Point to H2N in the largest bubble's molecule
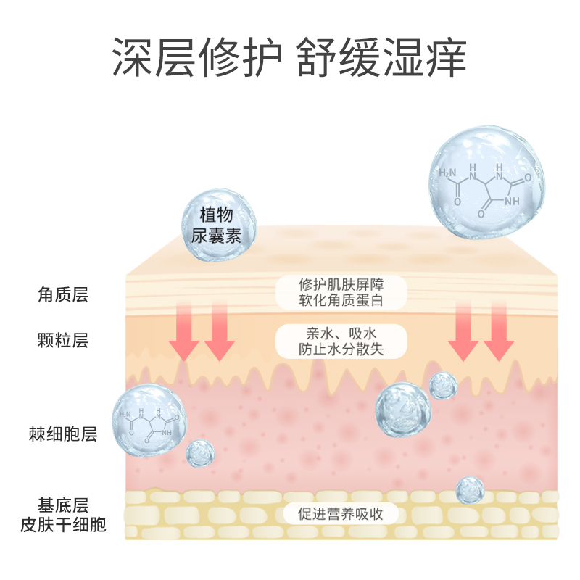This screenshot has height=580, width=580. tap(448, 174)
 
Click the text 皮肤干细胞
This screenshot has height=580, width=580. tap(64, 524)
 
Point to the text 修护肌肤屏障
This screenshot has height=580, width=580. tap(341, 283)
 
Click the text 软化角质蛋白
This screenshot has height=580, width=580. tap(341, 301)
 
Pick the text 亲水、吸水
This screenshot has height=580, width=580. tap(341, 333)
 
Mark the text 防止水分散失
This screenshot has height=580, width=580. tap(341, 349)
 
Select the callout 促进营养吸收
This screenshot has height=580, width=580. tap(341, 514)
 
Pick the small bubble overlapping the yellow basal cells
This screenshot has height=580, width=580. tap(470, 490)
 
